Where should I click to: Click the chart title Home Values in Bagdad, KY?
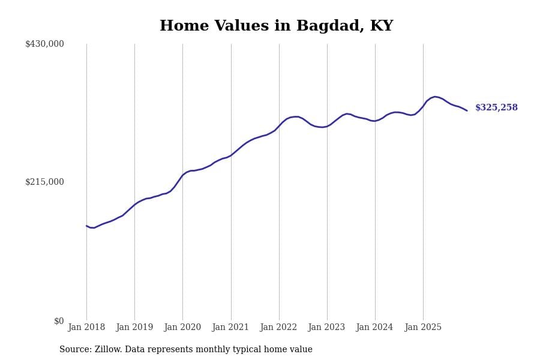click(276, 26)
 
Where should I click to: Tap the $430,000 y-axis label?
click(44, 44)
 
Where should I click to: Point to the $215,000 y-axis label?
click(44, 182)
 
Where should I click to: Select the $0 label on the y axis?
click(59, 321)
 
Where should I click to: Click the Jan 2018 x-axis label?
click(86, 328)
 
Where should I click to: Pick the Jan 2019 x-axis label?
click(134, 328)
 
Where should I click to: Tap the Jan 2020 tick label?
click(182, 328)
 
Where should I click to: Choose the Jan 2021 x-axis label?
click(230, 328)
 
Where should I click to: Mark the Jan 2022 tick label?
click(278, 328)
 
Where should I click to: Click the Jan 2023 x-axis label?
click(326, 328)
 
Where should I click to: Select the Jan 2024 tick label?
click(374, 328)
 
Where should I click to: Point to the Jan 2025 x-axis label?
click(423, 328)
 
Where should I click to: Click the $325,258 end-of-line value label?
click(496, 108)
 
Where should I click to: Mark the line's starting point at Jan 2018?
click(86, 226)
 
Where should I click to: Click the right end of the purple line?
click(467, 110)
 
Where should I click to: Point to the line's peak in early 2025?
click(435, 96)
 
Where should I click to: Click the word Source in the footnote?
click(74, 350)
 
